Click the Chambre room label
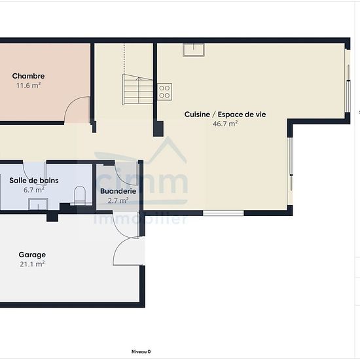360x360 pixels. [x=28, y=76]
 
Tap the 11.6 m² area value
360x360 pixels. [x=28, y=85]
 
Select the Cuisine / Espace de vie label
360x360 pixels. [x=225, y=115]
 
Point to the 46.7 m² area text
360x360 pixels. [x=225, y=124]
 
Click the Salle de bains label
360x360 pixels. [x=34, y=181]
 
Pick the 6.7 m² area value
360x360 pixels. [x=34, y=190]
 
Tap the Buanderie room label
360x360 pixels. [x=118, y=191]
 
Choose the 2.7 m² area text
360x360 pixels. [x=118, y=201]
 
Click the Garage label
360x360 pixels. [x=32, y=255]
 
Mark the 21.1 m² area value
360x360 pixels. [x=32, y=264]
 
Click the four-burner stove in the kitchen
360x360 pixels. [x=164, y=92]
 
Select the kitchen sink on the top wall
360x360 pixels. [x=194, y=50]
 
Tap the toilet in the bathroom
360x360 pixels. [x=80, y=196]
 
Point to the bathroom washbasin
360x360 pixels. [x=38, y=204]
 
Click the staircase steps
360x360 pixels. [x=137, y=90]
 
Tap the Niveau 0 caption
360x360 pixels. [x=141, y=351]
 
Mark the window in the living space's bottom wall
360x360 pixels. [x=223, y=213]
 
